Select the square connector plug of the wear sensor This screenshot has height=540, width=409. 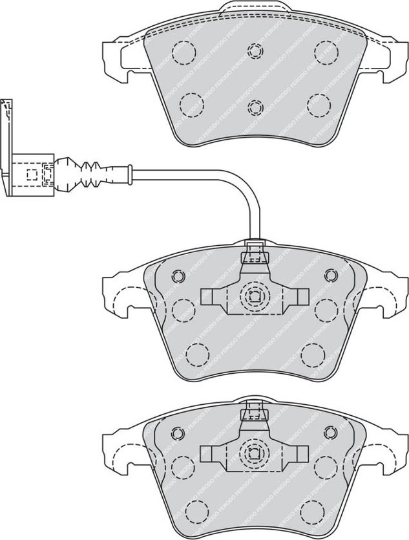tap(33, 173)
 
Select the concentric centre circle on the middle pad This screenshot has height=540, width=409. tap(253, 297)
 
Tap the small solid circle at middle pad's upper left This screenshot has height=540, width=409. tap(177, 276)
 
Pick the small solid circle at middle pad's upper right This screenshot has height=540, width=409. tap(330, 276)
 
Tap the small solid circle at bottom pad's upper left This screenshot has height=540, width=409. tap(177, 432)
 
